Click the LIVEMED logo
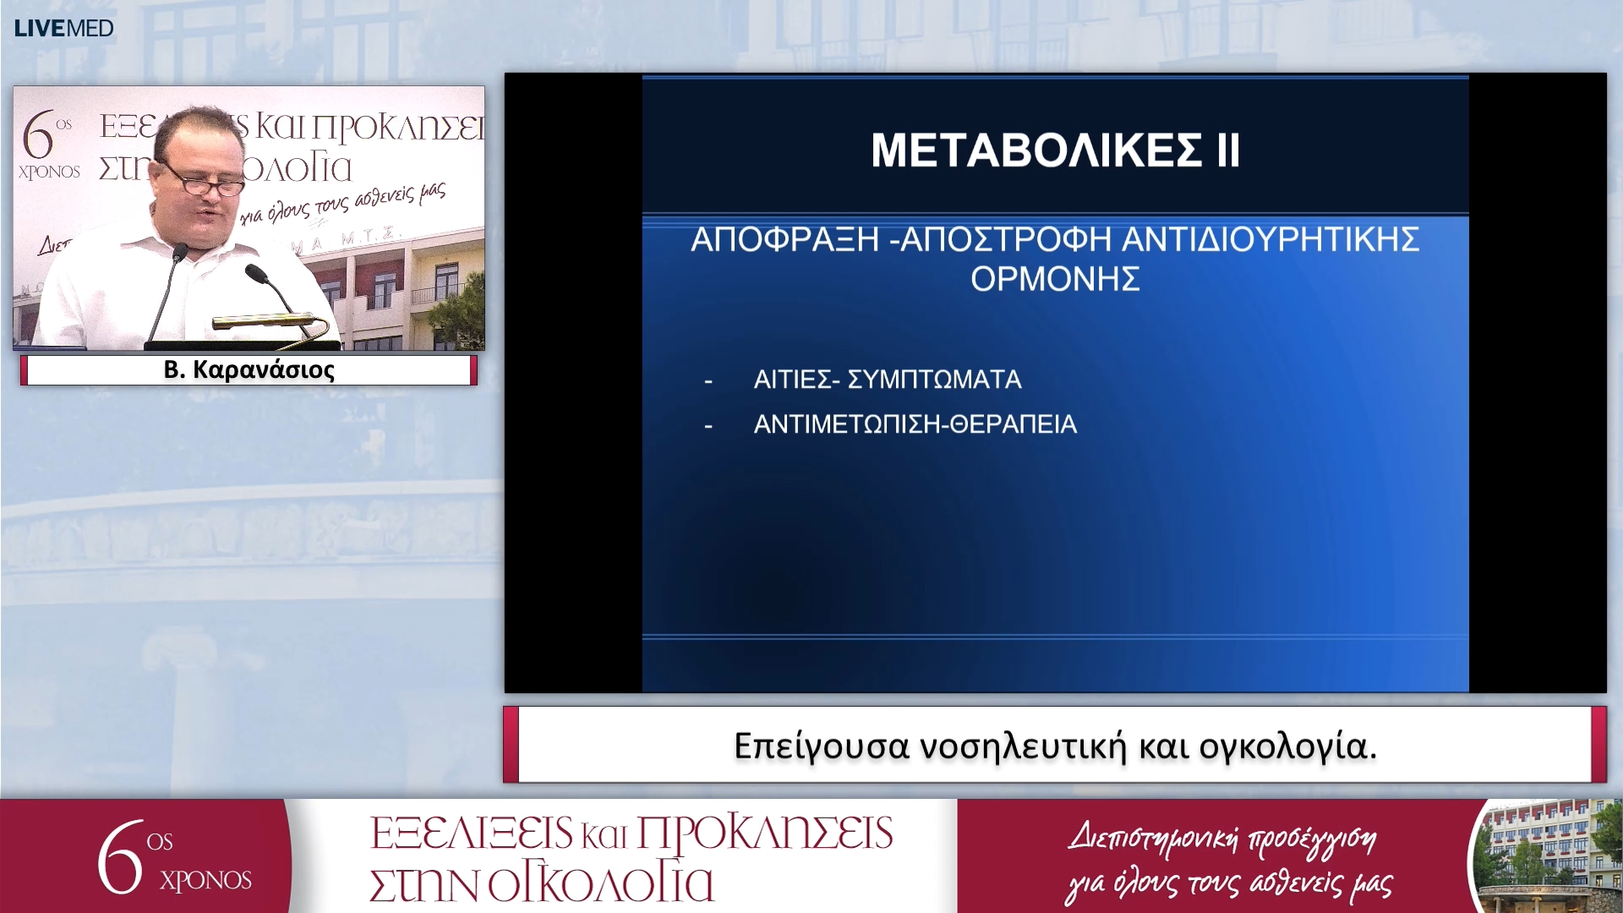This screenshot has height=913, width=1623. coord(64,29)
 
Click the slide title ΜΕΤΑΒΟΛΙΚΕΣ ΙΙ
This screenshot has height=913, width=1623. coord(1055,150)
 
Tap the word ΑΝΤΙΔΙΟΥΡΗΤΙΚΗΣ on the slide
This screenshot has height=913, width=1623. coord(1270,240)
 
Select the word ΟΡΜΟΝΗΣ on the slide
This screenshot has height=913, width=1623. coord(1055,279)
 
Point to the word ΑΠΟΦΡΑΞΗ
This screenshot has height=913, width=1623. coord(785,240)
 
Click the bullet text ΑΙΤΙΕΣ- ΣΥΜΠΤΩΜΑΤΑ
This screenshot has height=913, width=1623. coord(887,380)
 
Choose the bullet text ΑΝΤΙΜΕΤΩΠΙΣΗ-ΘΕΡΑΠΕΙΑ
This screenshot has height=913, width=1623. coord(915,424)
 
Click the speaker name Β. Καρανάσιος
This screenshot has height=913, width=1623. coord(249,370)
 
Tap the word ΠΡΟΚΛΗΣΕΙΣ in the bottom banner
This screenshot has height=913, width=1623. coord(764,834)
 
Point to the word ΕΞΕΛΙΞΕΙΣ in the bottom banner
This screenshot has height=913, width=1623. coord(471,834)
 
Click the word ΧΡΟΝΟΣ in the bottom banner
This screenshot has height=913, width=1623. coord(205,881)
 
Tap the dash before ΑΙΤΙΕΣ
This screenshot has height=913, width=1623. coord(708,381)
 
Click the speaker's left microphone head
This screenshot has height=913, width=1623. coord(179,251)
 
